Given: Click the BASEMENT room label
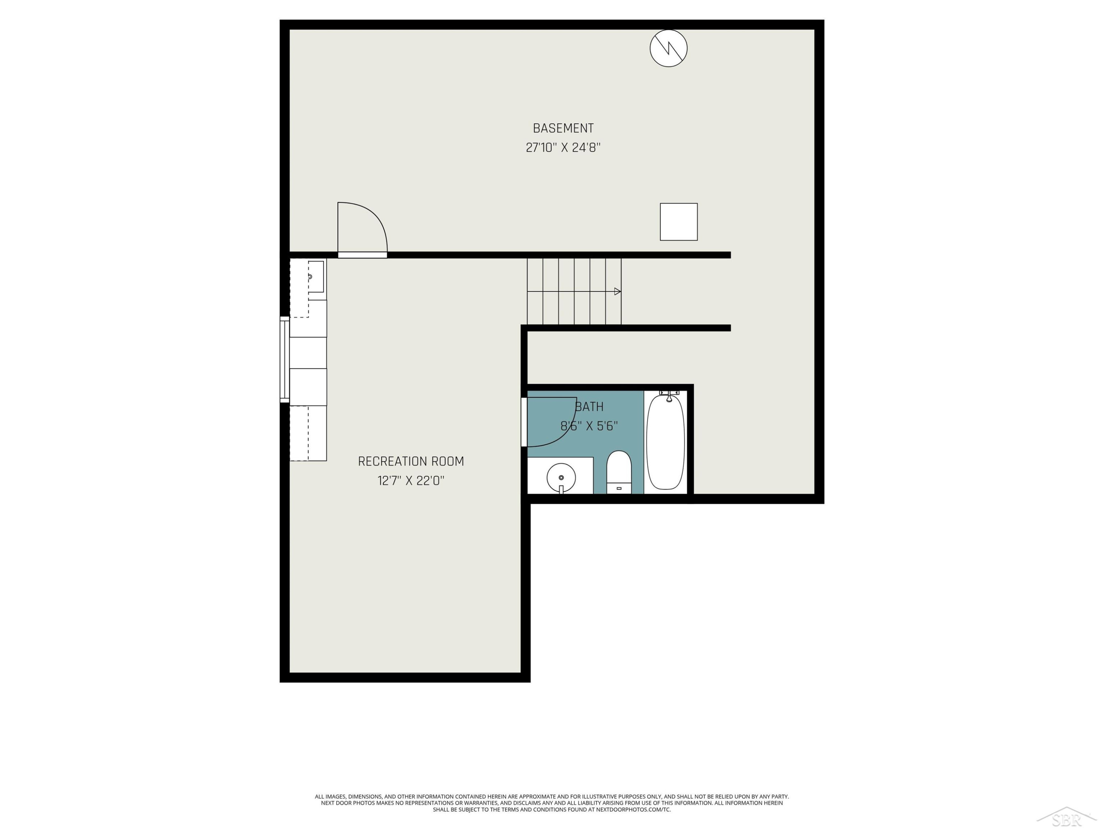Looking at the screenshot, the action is tap(563, 128).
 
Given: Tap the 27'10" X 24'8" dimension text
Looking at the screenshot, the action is tap(563, 148).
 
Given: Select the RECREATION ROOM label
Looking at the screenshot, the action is tap(411, 462).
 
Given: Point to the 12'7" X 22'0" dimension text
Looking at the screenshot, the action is tap(411, 481).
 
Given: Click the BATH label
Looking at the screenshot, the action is tap(590, 407).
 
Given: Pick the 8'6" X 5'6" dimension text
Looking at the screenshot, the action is tap(590, 426).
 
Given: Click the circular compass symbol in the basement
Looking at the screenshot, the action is tap(668, 49).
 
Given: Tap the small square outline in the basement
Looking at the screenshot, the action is tap(679, 222).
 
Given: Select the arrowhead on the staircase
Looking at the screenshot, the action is tap(618, 291).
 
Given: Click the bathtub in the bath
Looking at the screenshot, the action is tap(665, 442).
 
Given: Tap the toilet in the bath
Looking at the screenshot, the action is tap(619, 472).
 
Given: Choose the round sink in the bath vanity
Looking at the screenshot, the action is tap(561, 478).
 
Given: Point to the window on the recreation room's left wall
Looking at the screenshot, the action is tap(284, 359).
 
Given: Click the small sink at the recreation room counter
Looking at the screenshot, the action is tap(315, 276).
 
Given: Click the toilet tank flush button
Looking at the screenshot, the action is tap(619, 488).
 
